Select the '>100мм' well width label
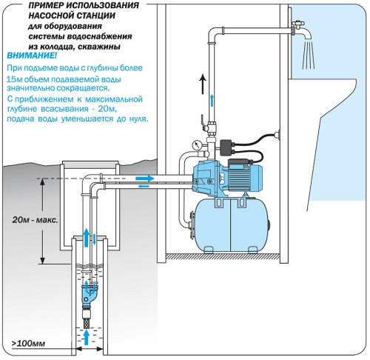[28, 344]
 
